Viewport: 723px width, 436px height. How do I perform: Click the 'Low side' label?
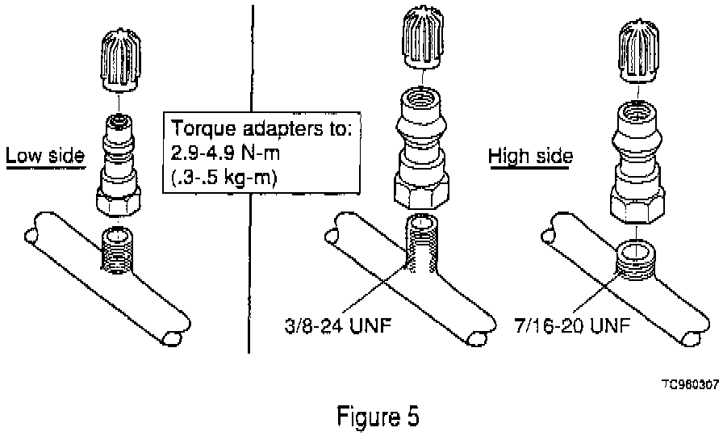tap(44, 155)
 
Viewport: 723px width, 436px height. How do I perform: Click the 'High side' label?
tap(530, 155)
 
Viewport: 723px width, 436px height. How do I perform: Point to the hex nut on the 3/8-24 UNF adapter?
tap(420, 193)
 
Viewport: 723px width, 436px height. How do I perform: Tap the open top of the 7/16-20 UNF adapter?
tap(638, 111)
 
